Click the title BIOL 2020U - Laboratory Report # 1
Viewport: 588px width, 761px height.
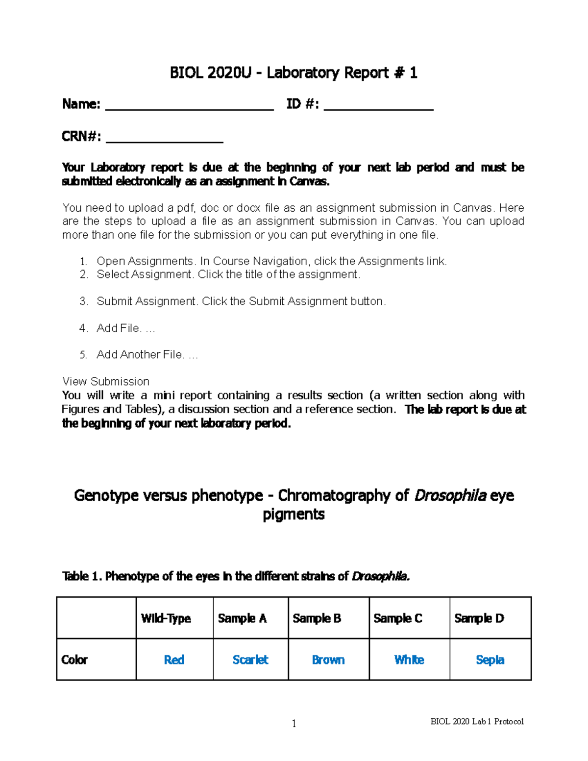pyautogui.click(x=294, y=73)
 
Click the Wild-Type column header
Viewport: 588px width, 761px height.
pyautogui.click(x=166, y=618)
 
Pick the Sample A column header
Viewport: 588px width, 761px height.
pyautogui.click(x=242, y=618)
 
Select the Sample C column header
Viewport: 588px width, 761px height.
pyautogui.click(x=397, y=618)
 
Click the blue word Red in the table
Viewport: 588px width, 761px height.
pyautogui.click(x=174, y=660)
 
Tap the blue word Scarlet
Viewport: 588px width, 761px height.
pyautogui.click(x=250, y=660)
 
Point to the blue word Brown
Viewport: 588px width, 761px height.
pyautogui.click(x=328, y=660)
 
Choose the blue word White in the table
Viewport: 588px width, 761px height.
pyautogui.click(x=409, y=660)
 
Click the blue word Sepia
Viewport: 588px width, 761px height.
pyautogui.click(x=490, y=660)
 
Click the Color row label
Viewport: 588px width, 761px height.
pyautogui.click(x=74, y=660)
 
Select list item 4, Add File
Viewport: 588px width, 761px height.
pyautogui.click(x=125, y=328)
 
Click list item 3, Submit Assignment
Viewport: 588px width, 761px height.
pyautogui.click(x=241, y=301)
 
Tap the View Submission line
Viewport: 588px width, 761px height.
pyautogui.click(x=106, y=381)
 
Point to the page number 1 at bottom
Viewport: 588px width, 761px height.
pyautogui.click(x=294, y=724)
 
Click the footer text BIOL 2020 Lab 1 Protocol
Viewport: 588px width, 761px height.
pyautogui.click(x=477, y=721)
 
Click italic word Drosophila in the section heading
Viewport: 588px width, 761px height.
pyautogui.click(x=450, y=496)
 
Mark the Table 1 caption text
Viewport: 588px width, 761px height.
pyautogui.click(x=236, y=576)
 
